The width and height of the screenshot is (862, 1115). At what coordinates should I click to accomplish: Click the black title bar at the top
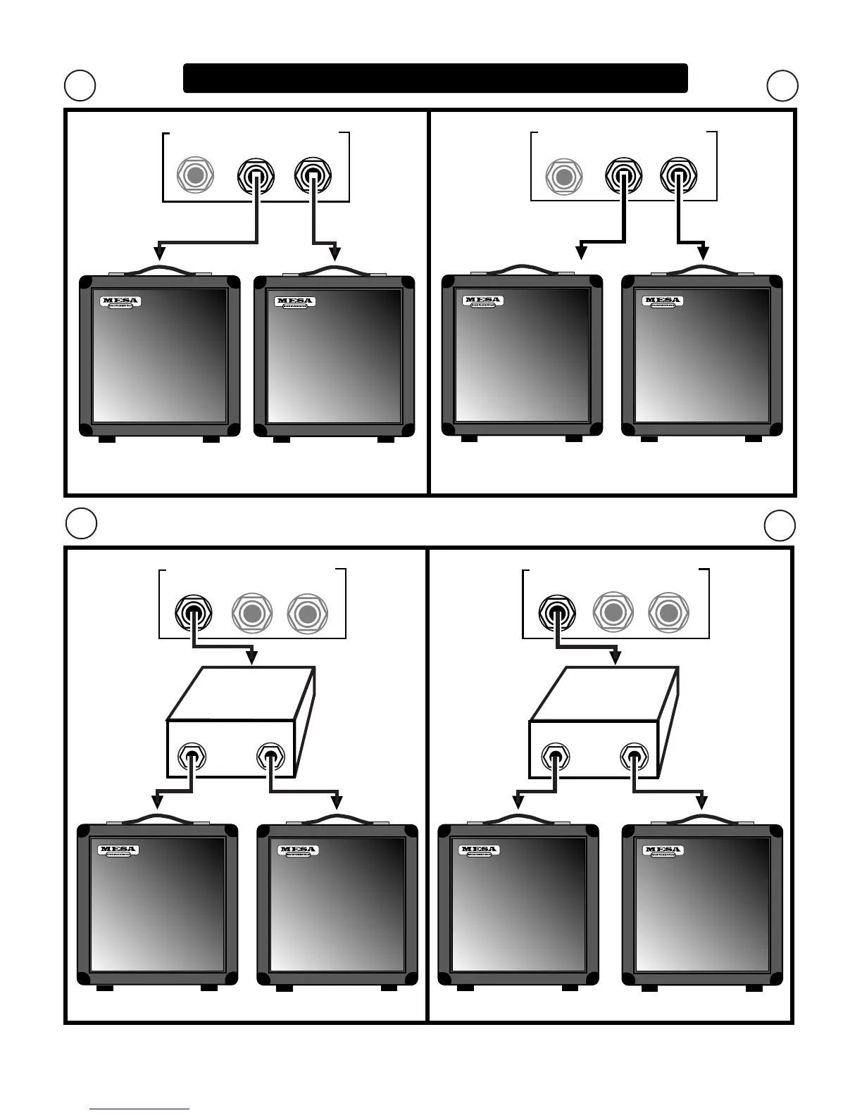pyautogui.click(x=435, y=78)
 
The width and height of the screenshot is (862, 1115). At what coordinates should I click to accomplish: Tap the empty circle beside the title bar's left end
pyautogui.click(x=80, y=85)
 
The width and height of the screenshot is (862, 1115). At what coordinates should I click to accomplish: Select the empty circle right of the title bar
pyautogui.click(x=782, y=86)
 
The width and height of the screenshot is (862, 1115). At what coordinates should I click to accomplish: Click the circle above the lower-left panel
pyautogui.click(x=81, y=523)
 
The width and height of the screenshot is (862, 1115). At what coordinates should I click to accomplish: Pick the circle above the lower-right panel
pyautogui.click(x=780, y=525)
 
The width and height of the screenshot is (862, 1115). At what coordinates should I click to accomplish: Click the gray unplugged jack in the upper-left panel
pyautogui.click(x=195, y=175)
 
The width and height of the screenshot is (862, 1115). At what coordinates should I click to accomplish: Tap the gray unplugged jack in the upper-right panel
pyautogui.click(x=563, y=176)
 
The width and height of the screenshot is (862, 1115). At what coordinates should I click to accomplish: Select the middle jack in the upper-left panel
pyautogui.click(x=256, y=176)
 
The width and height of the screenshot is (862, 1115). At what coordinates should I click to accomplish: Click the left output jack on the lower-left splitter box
pyautogui.click(x=191, y=757)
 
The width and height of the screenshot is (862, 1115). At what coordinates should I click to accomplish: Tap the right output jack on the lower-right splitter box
pyautogui.click(x=634, y=757)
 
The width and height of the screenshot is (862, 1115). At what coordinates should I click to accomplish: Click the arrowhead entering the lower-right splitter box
pyautogui.click(x=615, y=658)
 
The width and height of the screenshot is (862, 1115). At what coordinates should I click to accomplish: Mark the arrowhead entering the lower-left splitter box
pyautogui.click(x=251, y=658)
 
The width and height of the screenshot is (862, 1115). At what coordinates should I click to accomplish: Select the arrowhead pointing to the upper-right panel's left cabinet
pyautogui.click(x=582, y=251)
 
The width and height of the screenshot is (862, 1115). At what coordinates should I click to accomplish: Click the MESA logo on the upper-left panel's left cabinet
pyautogui.click(x=120, y=302)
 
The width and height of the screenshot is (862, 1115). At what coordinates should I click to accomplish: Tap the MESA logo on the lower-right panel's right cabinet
pyautogui.click(x=663, y=851)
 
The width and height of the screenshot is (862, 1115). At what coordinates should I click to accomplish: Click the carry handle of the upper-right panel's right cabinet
pyautogui.click(x=702, y=270)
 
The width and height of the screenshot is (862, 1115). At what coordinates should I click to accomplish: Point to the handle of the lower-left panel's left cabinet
pyautogui.click(x=157, y=819)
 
